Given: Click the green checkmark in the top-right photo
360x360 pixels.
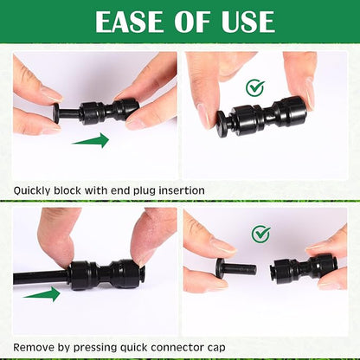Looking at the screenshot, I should (254, 87).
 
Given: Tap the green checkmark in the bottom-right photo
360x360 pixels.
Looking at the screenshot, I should (260, 234).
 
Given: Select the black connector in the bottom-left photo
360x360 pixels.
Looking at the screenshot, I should (103, 274).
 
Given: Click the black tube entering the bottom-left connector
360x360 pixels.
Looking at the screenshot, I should (35, 277).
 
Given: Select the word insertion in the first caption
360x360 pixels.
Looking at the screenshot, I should (181, 190).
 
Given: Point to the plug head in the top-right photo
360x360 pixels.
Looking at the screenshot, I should (223, 121).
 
